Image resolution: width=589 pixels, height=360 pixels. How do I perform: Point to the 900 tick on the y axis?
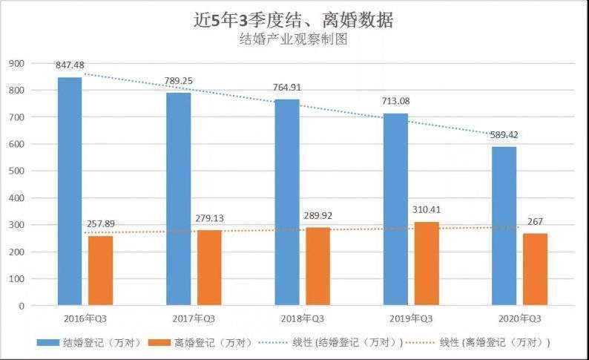(16, 63)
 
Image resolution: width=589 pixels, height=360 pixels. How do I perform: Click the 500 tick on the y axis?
(16, 171)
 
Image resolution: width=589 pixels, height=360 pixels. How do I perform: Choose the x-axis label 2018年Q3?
(299, 318)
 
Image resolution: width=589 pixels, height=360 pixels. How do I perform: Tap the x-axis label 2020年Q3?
(517, 318)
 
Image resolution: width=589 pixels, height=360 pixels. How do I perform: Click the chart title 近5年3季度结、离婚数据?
(294, 20)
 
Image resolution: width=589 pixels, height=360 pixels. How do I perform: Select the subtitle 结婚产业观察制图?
(294, 41)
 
